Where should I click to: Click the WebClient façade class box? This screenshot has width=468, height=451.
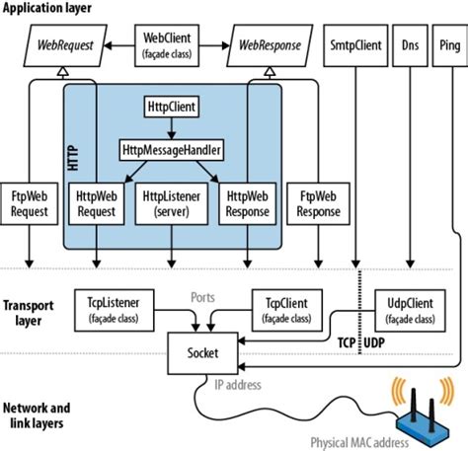174,44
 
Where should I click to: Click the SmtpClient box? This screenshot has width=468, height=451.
356,44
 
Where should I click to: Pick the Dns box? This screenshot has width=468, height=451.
410,44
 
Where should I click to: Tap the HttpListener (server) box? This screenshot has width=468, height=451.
173,204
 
